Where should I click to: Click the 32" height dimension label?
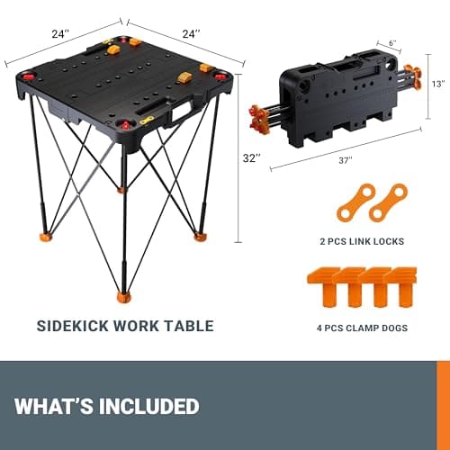coord(252,157)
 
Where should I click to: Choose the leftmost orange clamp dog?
coord(322,285)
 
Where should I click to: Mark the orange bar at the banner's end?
coord(445,405)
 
